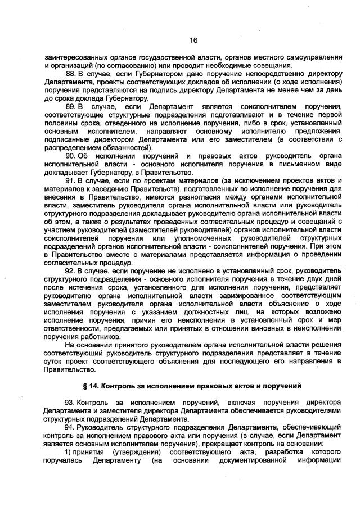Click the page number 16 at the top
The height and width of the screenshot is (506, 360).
coord(193,40)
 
